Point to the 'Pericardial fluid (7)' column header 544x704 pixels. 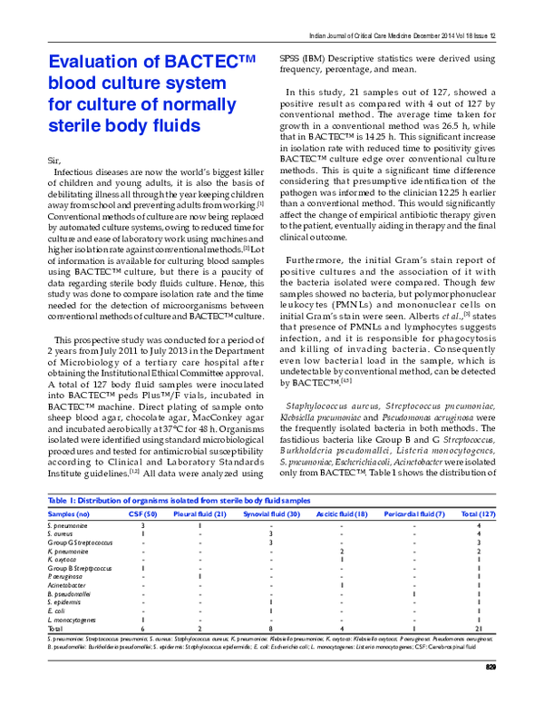pyautogui.click(x=413, y=513)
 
